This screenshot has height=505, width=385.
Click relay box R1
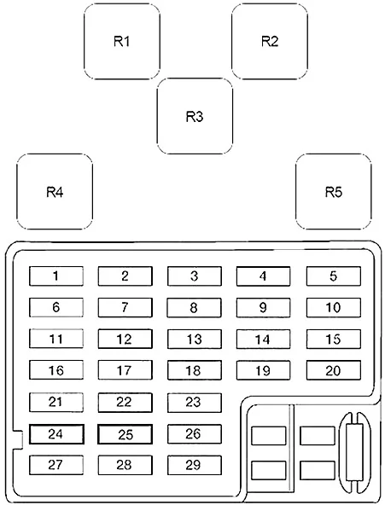[122, 41]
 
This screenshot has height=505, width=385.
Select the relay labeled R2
[270, 41]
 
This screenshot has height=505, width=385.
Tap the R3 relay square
[195, 116]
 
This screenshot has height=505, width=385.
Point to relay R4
[55, 192]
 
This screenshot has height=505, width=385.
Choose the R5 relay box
[334, 192]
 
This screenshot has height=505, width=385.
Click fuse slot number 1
[56, 276]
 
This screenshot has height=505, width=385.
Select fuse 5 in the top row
[334, 276]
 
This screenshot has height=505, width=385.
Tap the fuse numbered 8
[195, 308]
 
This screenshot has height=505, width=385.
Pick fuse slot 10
[334, 308]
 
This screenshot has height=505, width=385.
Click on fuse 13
[195, 339]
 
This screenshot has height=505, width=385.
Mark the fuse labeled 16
[56, 370]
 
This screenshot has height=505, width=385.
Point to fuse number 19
[263, 370]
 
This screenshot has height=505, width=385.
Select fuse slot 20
[334, 370]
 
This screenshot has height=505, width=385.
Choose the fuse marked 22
[125, 403]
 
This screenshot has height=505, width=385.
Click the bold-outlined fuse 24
[56, 434]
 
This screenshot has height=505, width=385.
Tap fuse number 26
[195, 434]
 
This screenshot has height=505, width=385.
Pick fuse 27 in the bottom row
[56, 465]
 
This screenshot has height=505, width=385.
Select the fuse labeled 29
[195, 465]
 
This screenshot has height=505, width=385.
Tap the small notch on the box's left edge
[17, 439]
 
